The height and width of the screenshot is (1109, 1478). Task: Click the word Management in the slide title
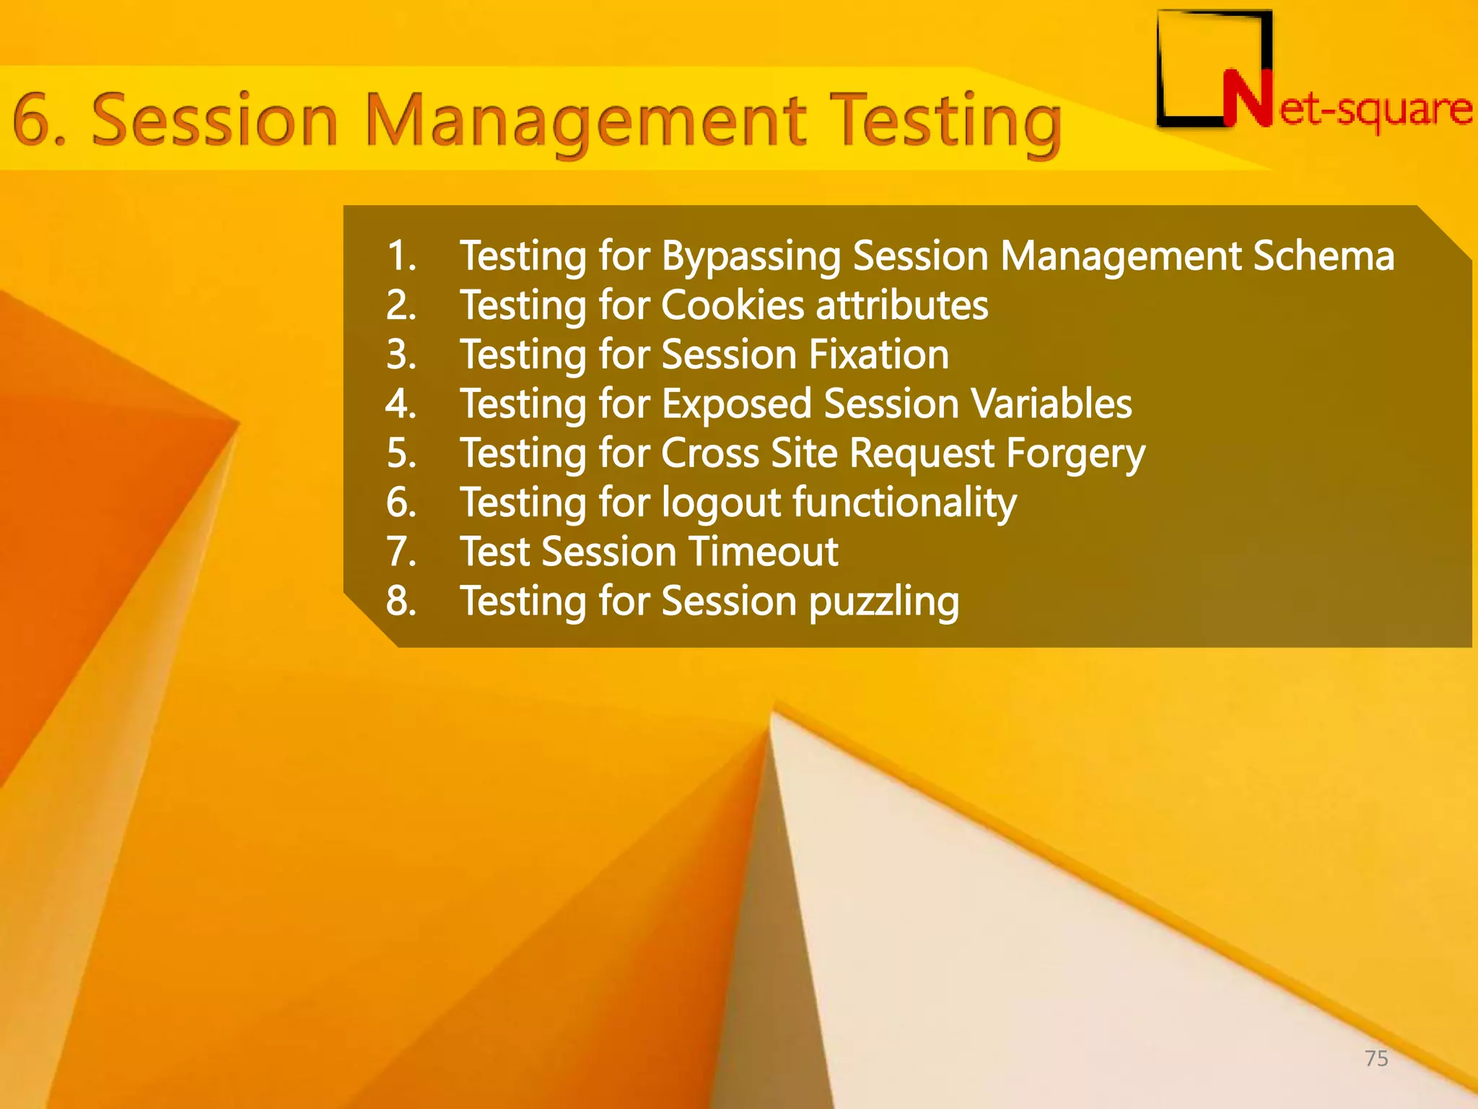click(585, 121)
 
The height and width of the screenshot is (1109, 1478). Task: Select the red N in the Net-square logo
click(1247, 100)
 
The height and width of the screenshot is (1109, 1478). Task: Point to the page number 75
click(1376, 1058)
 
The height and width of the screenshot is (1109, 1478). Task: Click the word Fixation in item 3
click(878, 355)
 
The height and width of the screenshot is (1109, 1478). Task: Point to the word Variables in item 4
click(1051, 404)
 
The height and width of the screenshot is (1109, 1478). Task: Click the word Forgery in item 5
click(1075, 454)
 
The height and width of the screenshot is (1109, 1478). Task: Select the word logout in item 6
click(721, 503)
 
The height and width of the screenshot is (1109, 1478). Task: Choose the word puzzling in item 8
click(883, 602)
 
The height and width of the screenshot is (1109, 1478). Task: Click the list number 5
click(401, 454)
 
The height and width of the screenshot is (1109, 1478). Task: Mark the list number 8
click(401, 601)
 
